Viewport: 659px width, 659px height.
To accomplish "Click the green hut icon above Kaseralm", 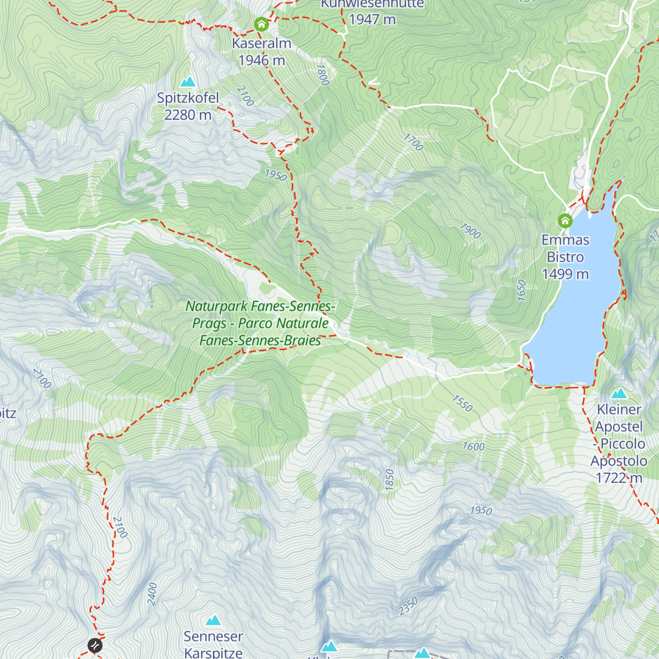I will (261, 24).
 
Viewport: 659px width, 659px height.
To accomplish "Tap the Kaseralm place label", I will (261, 43).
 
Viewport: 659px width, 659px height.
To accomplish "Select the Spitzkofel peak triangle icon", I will (188, 82).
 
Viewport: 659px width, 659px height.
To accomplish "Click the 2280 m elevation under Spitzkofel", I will (188, 115).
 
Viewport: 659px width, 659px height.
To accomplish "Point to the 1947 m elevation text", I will (372, 19).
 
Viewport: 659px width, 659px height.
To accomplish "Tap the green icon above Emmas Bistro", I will (565, 221).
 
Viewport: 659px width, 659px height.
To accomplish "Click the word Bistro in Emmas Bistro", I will (565, 257).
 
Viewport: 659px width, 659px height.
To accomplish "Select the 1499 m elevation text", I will (565, 274).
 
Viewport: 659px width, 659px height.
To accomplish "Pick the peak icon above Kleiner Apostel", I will (619, 393).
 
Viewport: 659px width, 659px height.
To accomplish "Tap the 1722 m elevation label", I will (619, 478).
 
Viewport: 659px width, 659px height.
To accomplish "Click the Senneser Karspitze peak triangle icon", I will (213, 621).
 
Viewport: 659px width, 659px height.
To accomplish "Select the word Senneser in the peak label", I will (213, 636).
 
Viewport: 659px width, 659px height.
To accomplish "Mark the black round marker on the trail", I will (95, 645).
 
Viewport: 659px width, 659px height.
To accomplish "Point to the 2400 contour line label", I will (152, 594).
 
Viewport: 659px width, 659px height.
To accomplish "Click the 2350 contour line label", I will (409, 606).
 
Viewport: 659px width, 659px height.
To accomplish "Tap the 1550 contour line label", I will (462, 404).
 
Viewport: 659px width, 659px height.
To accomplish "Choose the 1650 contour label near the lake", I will (522, 290).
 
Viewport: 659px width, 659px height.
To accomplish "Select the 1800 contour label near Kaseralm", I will (322, 75).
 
